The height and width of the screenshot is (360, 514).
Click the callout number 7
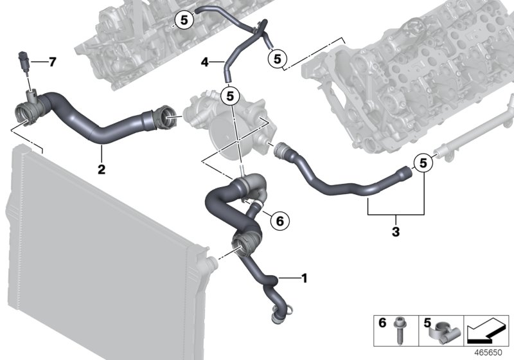point(53,62)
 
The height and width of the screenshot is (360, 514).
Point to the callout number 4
point(205,62)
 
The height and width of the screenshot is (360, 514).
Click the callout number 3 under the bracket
point(396,230)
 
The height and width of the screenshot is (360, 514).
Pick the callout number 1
point(304,278)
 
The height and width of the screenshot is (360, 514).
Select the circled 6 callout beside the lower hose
point(279,221)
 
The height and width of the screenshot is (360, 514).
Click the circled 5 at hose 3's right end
point(423,163)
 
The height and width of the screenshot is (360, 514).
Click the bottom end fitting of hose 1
point(279,314)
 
